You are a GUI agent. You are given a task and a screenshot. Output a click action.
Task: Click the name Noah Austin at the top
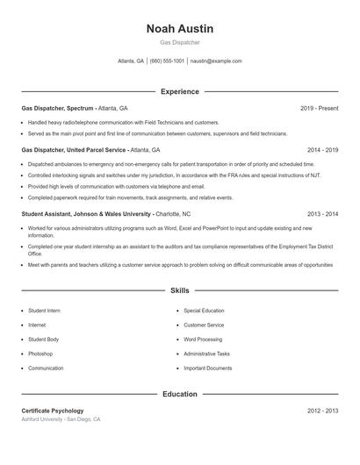[179, 28]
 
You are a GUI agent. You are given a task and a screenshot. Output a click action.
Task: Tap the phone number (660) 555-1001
[167, 61]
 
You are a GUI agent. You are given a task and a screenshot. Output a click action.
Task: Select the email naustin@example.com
[216, 61]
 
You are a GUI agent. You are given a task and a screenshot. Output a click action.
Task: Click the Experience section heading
[179, 91]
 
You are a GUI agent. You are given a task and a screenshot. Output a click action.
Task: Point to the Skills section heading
[179, 290]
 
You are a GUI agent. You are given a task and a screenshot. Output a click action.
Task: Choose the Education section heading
[179, 394]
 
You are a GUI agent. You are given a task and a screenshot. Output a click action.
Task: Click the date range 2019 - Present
[319, 108]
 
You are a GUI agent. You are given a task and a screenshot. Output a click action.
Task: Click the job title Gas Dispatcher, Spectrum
[57, 108]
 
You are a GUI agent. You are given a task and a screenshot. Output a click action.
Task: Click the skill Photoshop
[40, 354]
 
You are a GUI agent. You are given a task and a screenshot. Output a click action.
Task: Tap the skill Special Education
[204, 311]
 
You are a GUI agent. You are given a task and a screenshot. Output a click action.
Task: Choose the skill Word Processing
[203, 340]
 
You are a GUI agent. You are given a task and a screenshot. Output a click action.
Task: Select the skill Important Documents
[208, 368]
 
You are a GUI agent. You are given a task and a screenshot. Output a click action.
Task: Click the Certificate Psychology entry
[53, 411]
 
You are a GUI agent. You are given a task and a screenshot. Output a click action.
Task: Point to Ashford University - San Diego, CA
[61, 420]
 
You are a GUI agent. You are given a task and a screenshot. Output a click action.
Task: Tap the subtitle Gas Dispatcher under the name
[179, 42]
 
